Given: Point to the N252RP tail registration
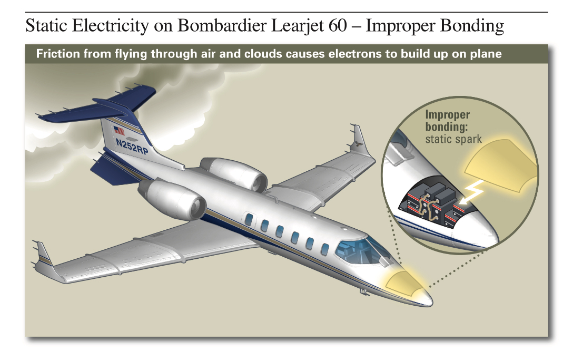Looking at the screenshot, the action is click(132, 146).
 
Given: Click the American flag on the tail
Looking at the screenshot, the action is click(119, 130).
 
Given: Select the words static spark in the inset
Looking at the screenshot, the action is click(453, 139).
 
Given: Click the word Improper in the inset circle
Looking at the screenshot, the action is click(447, 114).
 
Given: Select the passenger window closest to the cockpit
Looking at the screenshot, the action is click(325, 249).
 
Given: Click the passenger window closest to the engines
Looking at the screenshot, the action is click(249, 219).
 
